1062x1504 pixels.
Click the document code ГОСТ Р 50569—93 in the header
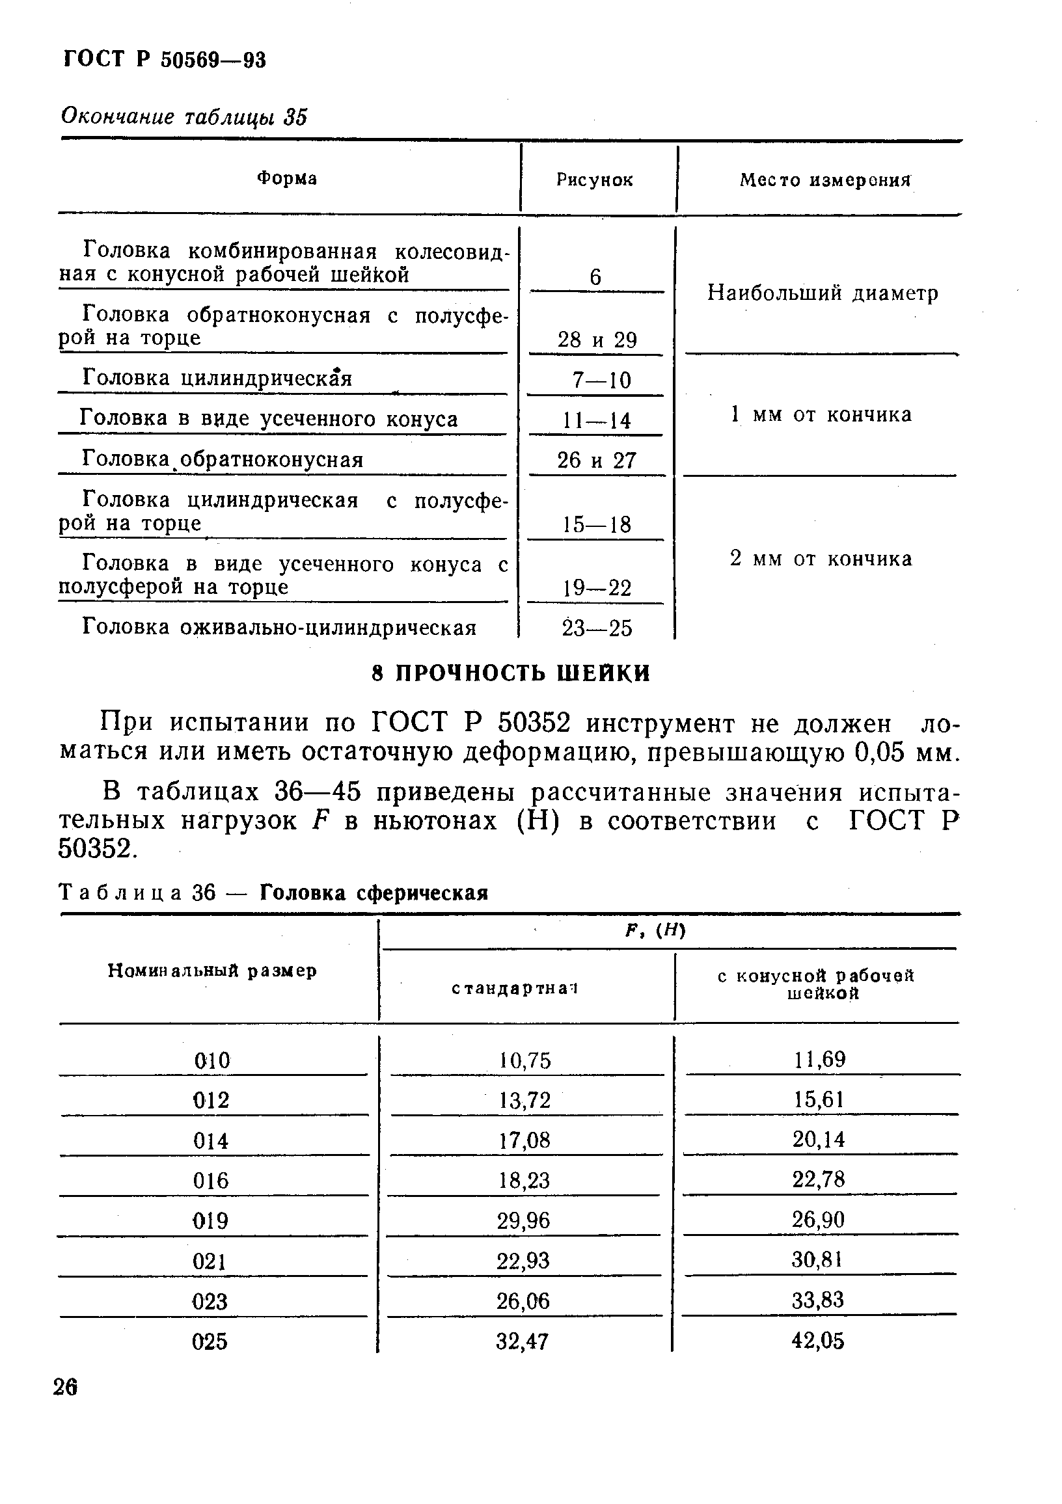click(165, 60)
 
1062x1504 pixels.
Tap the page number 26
click(66, 1387)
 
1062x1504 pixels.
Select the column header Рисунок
click(594, 180)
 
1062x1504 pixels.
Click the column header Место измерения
click(826, 180)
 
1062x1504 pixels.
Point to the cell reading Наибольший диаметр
click(823, 293)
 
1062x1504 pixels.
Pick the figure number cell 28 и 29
click(597, 340)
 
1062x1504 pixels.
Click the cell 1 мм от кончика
click(821, 414)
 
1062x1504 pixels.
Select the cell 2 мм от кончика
click(821, 559)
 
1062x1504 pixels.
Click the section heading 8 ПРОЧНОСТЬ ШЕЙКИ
click(510, 673)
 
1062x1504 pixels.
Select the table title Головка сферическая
click(374, 893)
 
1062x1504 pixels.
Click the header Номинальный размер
click(212, 971)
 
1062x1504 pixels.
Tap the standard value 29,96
click(523, 1221)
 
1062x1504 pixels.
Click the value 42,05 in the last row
click(818, 1341)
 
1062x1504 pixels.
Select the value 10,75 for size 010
click(524, 1060)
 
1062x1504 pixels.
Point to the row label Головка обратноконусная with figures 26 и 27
click(223, 460)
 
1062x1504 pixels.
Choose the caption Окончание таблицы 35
click(184, 117)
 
